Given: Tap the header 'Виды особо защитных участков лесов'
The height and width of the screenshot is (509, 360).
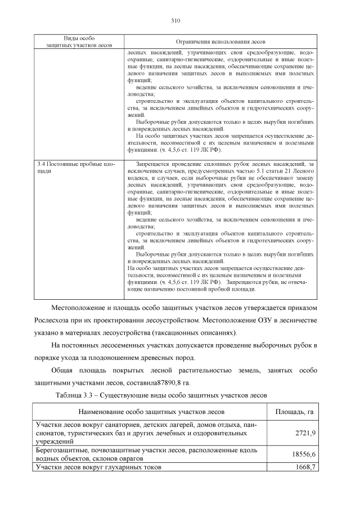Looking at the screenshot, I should [x=79, y=40].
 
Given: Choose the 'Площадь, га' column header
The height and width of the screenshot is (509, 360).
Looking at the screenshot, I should [x=294, y=412].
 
